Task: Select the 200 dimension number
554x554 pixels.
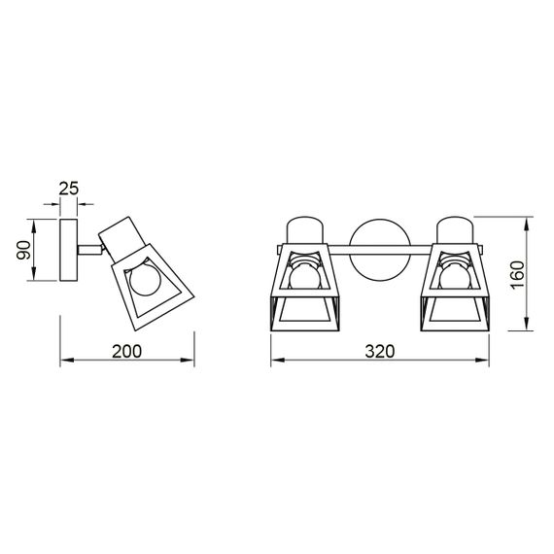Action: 127,351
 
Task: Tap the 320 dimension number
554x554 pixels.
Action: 380,351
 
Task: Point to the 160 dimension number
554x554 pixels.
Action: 517,274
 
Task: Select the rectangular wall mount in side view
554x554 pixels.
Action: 71,251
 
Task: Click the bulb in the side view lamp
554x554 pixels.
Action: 144,281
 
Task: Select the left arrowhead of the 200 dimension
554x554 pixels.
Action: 65,362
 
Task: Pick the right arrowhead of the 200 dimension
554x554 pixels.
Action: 190,362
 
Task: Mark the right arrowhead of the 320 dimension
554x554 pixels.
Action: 484,362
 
